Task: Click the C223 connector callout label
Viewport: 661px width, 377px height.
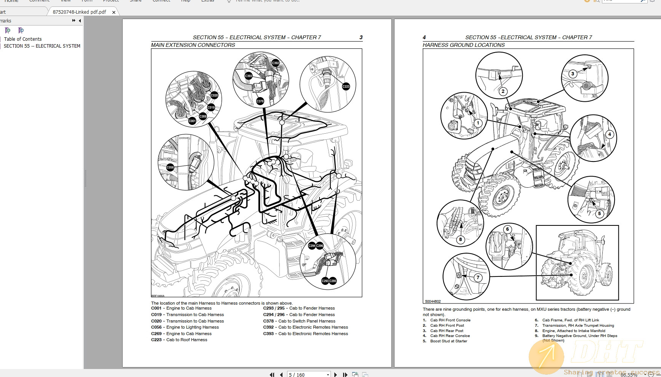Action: (346, 86)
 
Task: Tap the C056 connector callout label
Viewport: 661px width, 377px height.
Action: (170, 167)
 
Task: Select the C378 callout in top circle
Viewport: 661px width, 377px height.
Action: (260, 101)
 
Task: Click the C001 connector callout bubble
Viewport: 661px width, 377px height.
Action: (192, 121)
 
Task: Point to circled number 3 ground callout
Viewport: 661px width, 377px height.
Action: (573, 74)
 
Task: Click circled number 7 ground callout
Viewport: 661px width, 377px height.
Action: (478, 278)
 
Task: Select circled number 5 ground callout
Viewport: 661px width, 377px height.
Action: (599, 214)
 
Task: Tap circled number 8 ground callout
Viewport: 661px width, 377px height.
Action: (460, 240)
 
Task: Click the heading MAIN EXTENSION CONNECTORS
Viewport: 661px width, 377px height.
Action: (193, 45)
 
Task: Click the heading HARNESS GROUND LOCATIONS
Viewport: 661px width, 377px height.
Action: (463, 45)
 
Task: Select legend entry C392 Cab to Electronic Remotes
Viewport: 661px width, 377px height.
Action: (305, 327)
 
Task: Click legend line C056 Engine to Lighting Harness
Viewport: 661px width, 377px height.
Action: (185, 327)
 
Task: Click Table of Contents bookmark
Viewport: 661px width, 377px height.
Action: (23, 39)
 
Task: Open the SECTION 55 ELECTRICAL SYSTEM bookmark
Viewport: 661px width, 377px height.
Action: (42, 46)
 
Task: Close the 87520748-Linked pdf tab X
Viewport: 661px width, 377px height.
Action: (114, 12)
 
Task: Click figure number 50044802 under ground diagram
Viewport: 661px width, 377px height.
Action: (433, 302)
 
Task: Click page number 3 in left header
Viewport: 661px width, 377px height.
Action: (361, 37)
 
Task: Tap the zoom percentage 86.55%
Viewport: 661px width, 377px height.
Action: (629, 375)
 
